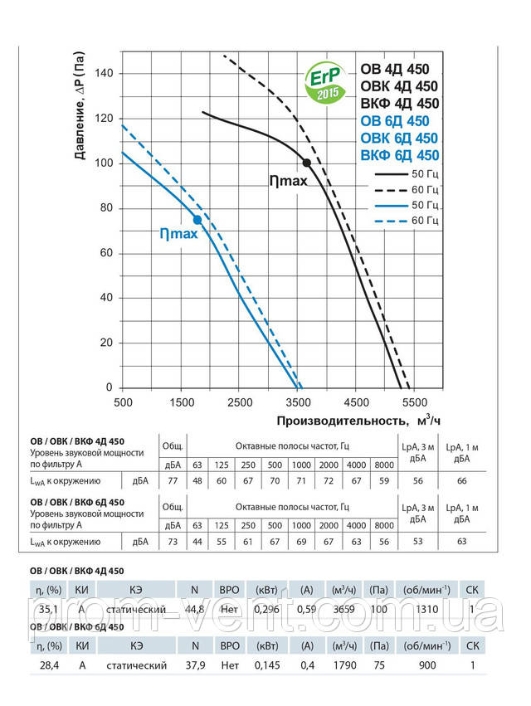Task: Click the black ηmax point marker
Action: [307, 163]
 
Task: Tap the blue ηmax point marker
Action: [197, 219]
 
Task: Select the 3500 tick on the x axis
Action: [297, 402]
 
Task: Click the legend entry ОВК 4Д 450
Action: [399, 86]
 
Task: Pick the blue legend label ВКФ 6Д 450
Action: [399, 155]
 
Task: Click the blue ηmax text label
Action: [178, 235]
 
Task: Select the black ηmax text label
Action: [288, 180]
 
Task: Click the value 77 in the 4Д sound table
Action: [173, 480]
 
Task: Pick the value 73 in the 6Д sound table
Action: [173, 543]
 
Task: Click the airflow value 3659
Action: [342, 610]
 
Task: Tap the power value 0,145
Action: [266, 665]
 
